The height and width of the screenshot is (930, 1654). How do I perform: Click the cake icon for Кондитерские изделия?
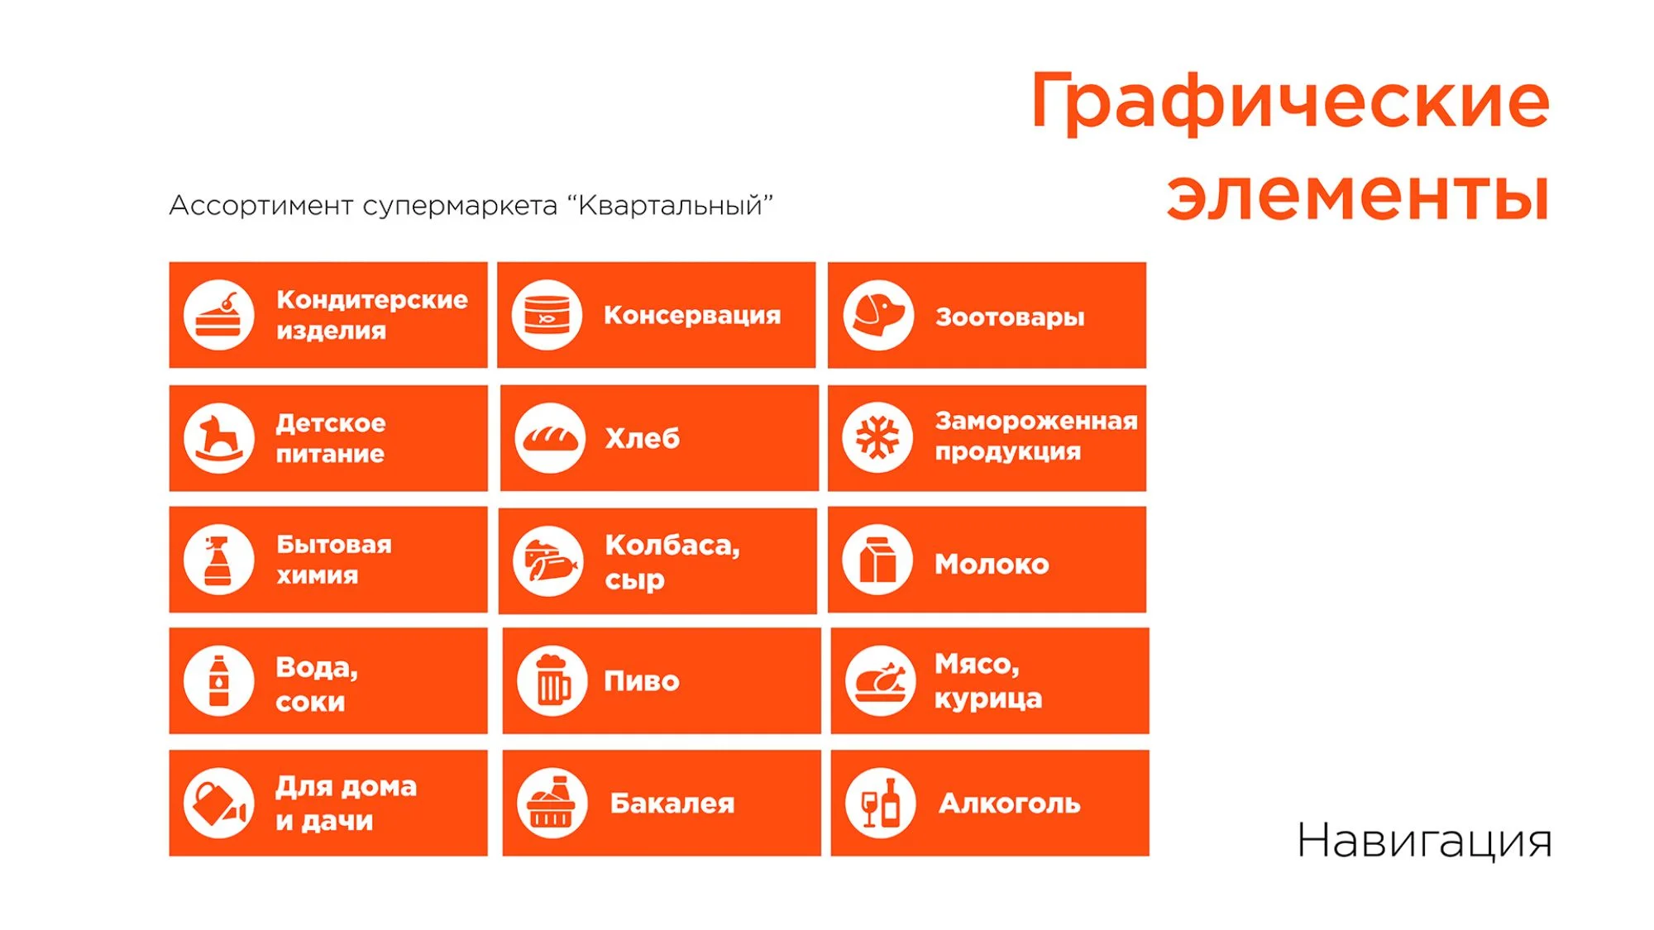(x=218, y=315)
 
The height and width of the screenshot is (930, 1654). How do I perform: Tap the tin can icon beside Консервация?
(x=547, y=315)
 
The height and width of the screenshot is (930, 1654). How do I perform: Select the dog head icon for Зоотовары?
(x=878, y=315)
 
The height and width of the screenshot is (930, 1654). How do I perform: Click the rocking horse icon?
(x=218, y=438)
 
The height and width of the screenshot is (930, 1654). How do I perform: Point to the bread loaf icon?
(x=550, y=438)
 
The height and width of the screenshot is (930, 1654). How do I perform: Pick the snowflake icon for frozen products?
(x=877, y=437)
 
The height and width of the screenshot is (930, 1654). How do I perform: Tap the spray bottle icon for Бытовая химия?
(x=218, y=560)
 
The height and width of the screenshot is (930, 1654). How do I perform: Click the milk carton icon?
(x=877, y=560)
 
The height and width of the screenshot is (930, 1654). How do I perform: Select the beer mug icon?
(x=552, y=681)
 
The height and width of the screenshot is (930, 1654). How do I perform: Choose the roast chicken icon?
(x=881, y=681)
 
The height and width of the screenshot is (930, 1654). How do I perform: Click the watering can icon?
(x=218, y=803)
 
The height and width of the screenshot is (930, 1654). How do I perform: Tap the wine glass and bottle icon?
(x=881, y=803)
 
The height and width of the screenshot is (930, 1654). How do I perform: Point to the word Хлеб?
(x=643, y=437)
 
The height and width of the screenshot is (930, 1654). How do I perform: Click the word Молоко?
(x=992, y=564)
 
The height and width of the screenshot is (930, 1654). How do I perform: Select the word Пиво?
(x=642, y=681)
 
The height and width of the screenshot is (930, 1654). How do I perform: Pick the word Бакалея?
(x=672, y=803)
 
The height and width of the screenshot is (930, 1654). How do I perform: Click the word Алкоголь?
(x=1010, y=803)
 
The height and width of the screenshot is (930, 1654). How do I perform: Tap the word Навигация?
(x=1424, y=842)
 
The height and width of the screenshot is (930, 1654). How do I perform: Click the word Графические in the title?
(x=1290, y=101)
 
